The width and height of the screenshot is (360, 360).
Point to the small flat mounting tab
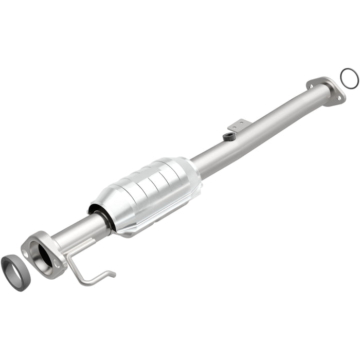(x=239, y=124)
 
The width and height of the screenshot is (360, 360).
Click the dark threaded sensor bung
(x=229, y=136)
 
